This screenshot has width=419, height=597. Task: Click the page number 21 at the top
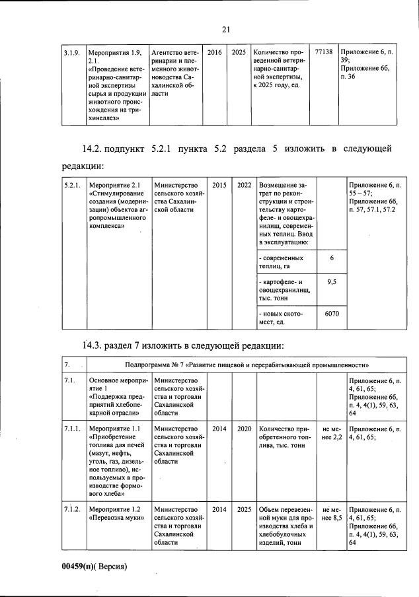225,29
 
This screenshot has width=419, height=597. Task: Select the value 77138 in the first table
324,51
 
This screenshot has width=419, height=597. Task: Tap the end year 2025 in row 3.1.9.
239,51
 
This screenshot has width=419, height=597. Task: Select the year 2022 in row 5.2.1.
244,185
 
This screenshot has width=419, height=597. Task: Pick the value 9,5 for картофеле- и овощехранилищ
332,282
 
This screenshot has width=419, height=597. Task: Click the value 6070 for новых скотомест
332,314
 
